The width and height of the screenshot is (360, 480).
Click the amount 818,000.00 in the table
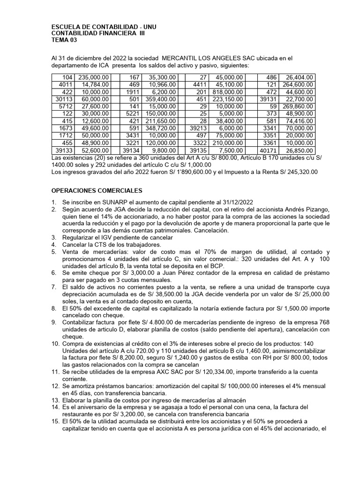pyautogui.click(x=227, y=92)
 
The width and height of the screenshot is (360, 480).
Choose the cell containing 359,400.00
pyautogui.click(x=160, y=99)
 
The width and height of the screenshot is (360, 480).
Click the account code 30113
pyautogui.click(x=63, y=99)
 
